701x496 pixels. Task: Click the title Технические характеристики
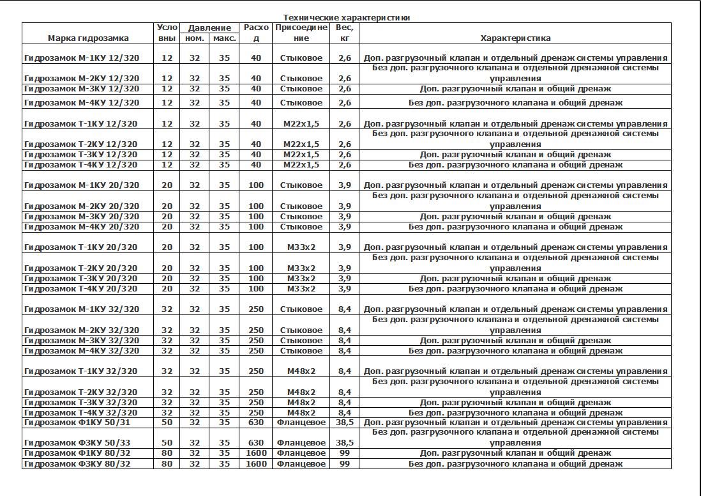click(x=346, y=18)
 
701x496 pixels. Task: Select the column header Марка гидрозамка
click(x=88, y=38)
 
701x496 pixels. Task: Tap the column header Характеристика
click(x=515, y=38)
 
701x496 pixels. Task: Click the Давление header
click(x=209, y=28)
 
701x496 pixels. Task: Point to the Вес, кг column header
click(x=344, y=33)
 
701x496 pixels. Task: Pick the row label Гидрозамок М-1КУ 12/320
click(x=82, y=58)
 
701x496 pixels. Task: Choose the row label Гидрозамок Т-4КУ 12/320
click(x=80, y=165)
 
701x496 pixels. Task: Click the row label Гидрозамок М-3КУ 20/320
click(x=82, y=217)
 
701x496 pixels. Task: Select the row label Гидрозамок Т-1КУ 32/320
click(x=80, y=371)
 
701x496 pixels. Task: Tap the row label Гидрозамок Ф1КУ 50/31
click(x=77, y=422)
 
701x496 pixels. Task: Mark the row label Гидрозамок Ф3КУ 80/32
click(x=77, y=464)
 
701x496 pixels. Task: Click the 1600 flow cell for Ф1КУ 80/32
click(x=256, y=453)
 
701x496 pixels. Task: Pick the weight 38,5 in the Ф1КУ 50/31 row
click(x=344, y=422)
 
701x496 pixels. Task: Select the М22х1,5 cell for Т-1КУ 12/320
click(x=301, y=124)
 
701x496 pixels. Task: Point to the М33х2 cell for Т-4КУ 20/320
click(x=301, y=289)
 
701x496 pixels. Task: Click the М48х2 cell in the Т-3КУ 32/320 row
click(x=301, y=403)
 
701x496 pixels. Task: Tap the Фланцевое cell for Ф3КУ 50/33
click(x=301, y=443)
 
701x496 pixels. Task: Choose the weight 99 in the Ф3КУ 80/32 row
click(x=344, y=464)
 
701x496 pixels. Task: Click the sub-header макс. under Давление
click(x=224, y=38)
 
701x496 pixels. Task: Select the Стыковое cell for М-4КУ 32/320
click(x=301, y=351)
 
